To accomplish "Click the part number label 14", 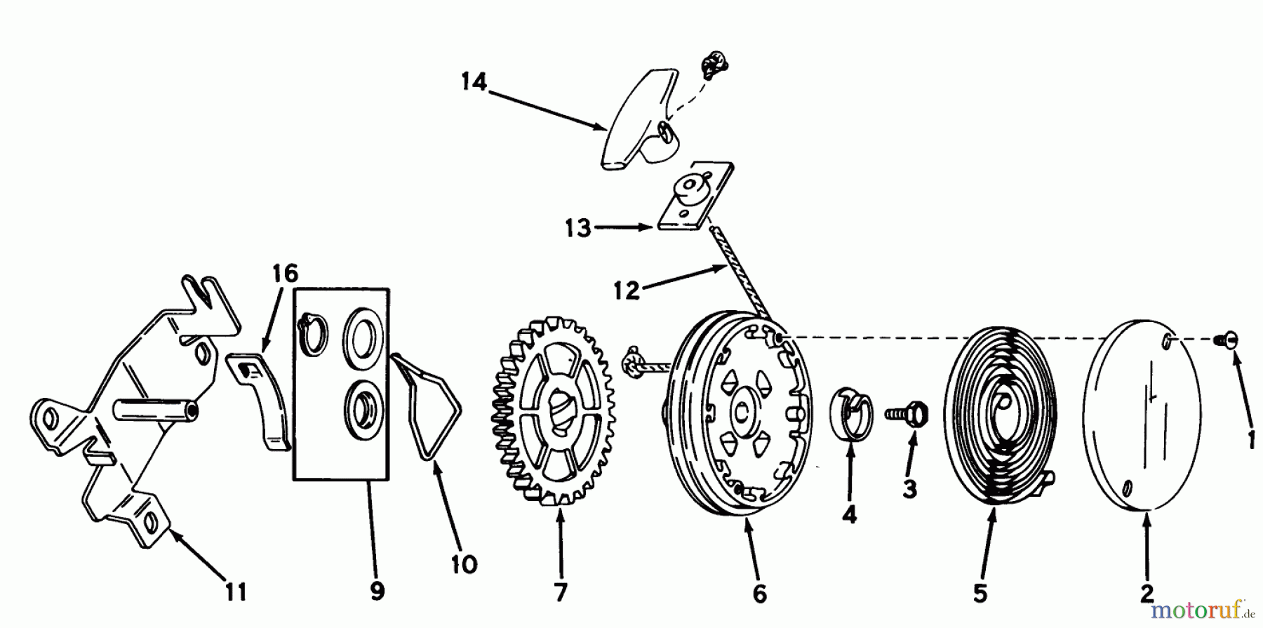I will (474, 82).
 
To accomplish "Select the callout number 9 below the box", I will (377, 592).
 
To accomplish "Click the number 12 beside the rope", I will (626, 290).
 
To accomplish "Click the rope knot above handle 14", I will (713, 65).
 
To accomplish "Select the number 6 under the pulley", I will (759, 594).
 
